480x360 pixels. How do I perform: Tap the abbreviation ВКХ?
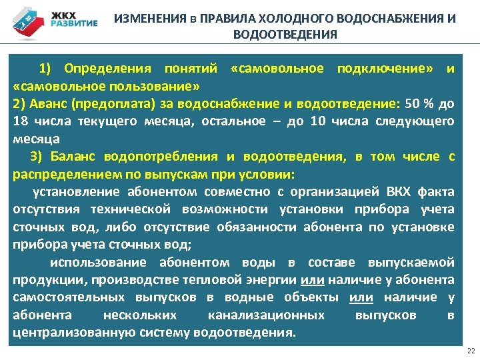[x=399, y=192]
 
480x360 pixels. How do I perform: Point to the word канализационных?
[x=267, y=315]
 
